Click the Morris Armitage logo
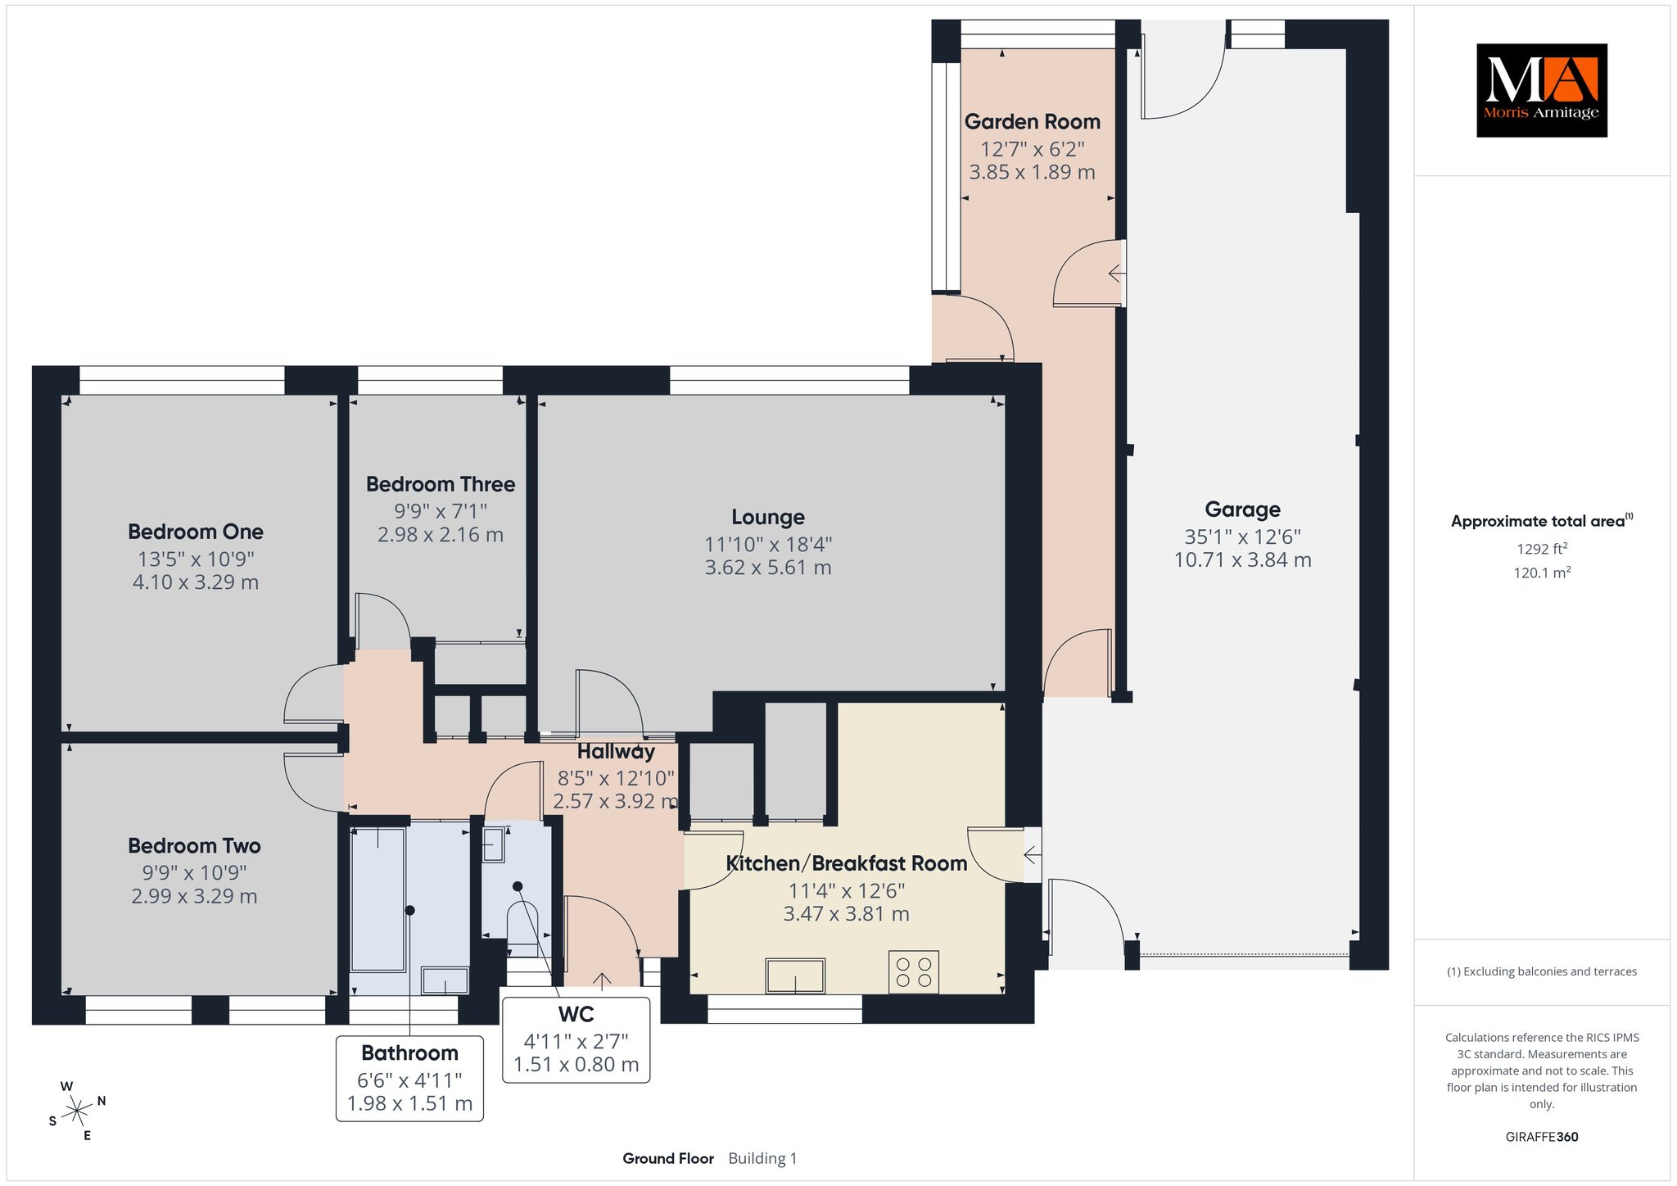pyautogui.click(x=1541, y=90)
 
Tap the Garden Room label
pyautogui.click(x=1032, y=122)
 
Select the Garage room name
pyautogui.click(x=1242, y=509)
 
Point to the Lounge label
pyautogui.click(x=768, y=517)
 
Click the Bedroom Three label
pyautogui.click(x=441, y=484)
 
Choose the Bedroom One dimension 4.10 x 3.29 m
pyautogui.click(x=196, y=582)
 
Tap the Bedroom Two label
pyautogui.click(x=194, y=845)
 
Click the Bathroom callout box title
pyautogui.click(x=409, y=1052)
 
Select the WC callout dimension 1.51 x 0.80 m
pyautogui.click(x=576, y=1065)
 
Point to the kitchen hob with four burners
pyautogui.click(x=914, y=972)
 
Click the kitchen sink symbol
pyautogui.click(x=795, y=976)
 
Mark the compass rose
pyautogui.click(x=77, y=1111)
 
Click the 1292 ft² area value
pyautogui.click(x=1542, y=549)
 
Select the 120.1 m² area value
pyautogui.click(x=1542, y=573)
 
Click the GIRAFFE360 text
pyautogui.click(x=1542, y=1137)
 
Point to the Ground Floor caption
pyautogui.click(x=668, y=1158)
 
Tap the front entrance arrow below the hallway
pyautogui.click(x=603, y=980)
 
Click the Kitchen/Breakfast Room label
pyautogui.click(x=847, y=863)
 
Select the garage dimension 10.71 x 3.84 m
pyautogui.click(x=1242, y=560)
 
